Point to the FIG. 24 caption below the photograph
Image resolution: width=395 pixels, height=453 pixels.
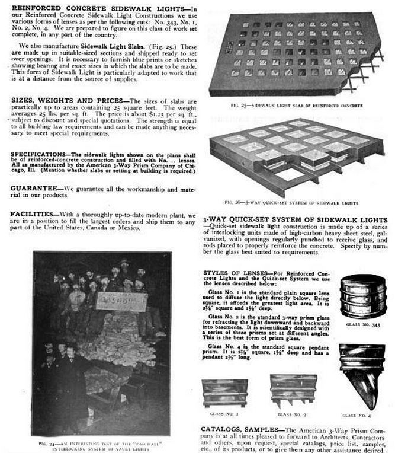[x=101, y=443]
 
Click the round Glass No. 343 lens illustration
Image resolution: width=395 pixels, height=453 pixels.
[x=362, y=296]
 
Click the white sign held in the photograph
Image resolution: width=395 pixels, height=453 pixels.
[x=122, y=302]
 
